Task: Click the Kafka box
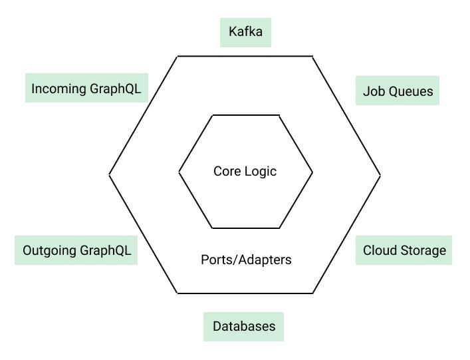245,33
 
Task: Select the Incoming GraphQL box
86,88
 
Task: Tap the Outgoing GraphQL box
76,250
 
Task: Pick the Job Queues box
398,90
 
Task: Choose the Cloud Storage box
404,250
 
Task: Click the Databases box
244,327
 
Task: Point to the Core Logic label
245,171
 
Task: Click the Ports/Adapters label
246,260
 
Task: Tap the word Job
374,91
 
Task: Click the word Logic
261,172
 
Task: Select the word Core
227,171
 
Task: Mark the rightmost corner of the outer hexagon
380,175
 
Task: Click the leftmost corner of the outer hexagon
109,174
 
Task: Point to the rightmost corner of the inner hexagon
312,172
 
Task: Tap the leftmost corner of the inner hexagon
179,172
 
